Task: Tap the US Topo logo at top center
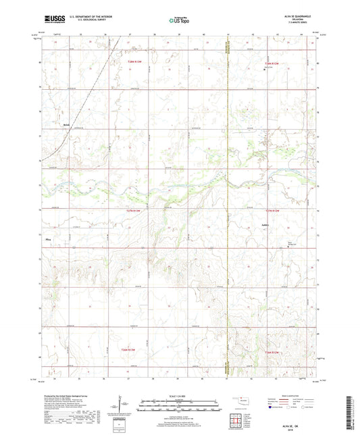click(178, 20)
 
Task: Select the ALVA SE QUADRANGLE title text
click(299, 18)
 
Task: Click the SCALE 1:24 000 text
click(180, 396)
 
